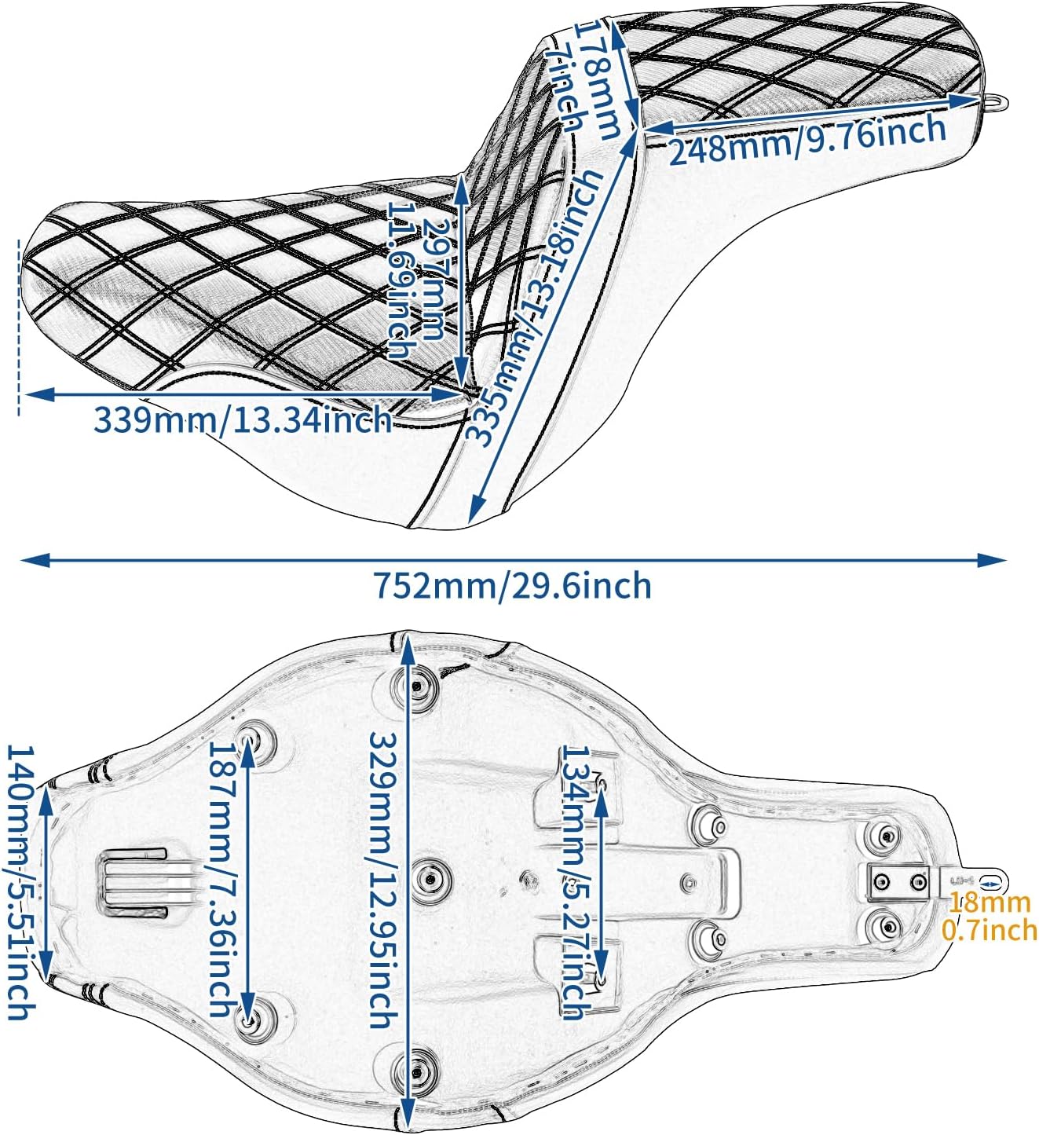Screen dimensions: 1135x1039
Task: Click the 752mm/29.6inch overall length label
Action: pyautogui.click(x=512, y=586)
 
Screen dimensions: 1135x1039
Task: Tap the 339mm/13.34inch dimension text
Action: pyautogui.click(x=243, y=420)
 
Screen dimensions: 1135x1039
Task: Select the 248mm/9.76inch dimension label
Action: pyautogui.click(x=807, y=140)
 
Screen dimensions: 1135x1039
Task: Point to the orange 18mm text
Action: pyautogui.click(x=989, y=903)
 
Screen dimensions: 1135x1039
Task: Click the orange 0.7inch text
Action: pyautogui.click(x=989, y=931)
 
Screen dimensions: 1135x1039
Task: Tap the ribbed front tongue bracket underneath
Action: pyautogui.click(x=134, y=884)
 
